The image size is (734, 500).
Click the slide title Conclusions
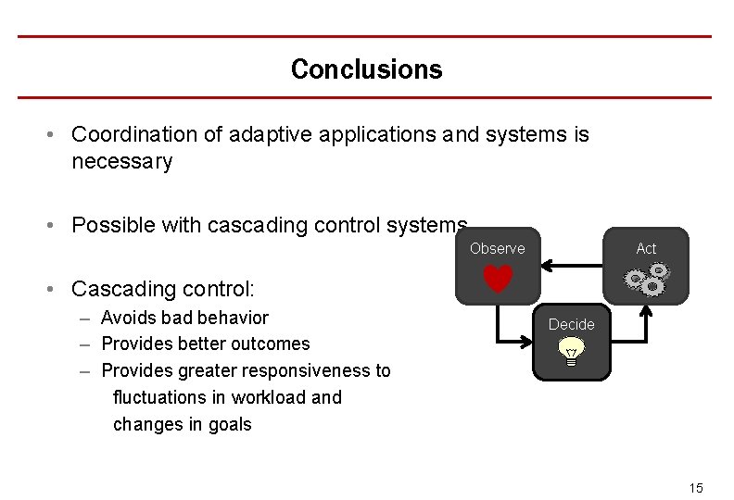click(366, 69)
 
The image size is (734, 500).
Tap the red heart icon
click(498, 279)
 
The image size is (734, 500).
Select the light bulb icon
click(572, 352)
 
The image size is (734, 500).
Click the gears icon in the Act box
click(647, 278)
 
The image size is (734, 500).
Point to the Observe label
click(497, 248)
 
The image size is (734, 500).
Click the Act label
click(646, 248)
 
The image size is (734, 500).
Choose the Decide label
click(571, 324)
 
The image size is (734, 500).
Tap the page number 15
click(696, 488)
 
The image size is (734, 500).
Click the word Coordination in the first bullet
click(134, 134)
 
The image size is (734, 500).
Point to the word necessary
click(121, 162)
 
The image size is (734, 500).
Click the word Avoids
click(128, 318)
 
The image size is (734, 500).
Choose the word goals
click(231, 424)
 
